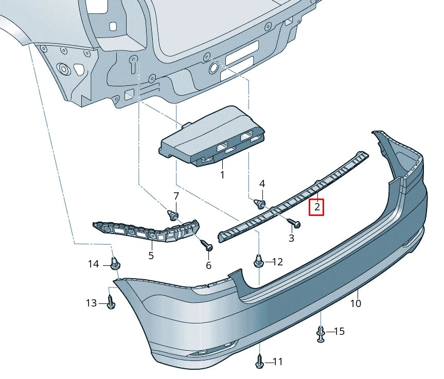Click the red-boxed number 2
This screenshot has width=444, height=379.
[317, 207]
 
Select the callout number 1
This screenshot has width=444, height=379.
[222, 175]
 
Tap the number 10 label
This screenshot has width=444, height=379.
[356, 303]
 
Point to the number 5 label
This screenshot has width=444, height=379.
[151, 255]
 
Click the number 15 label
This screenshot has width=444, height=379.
[339, 331]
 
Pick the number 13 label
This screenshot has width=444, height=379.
[91, 303]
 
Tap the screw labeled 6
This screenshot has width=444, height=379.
[207, 246]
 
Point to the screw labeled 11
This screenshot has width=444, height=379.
[260, 363]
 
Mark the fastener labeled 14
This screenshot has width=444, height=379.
[115, 264]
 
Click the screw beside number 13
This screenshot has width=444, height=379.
[111, 303]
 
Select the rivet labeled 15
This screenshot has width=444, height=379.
[321, 334]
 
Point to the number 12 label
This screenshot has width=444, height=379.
[277, 262]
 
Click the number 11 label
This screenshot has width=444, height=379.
[277, 362]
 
